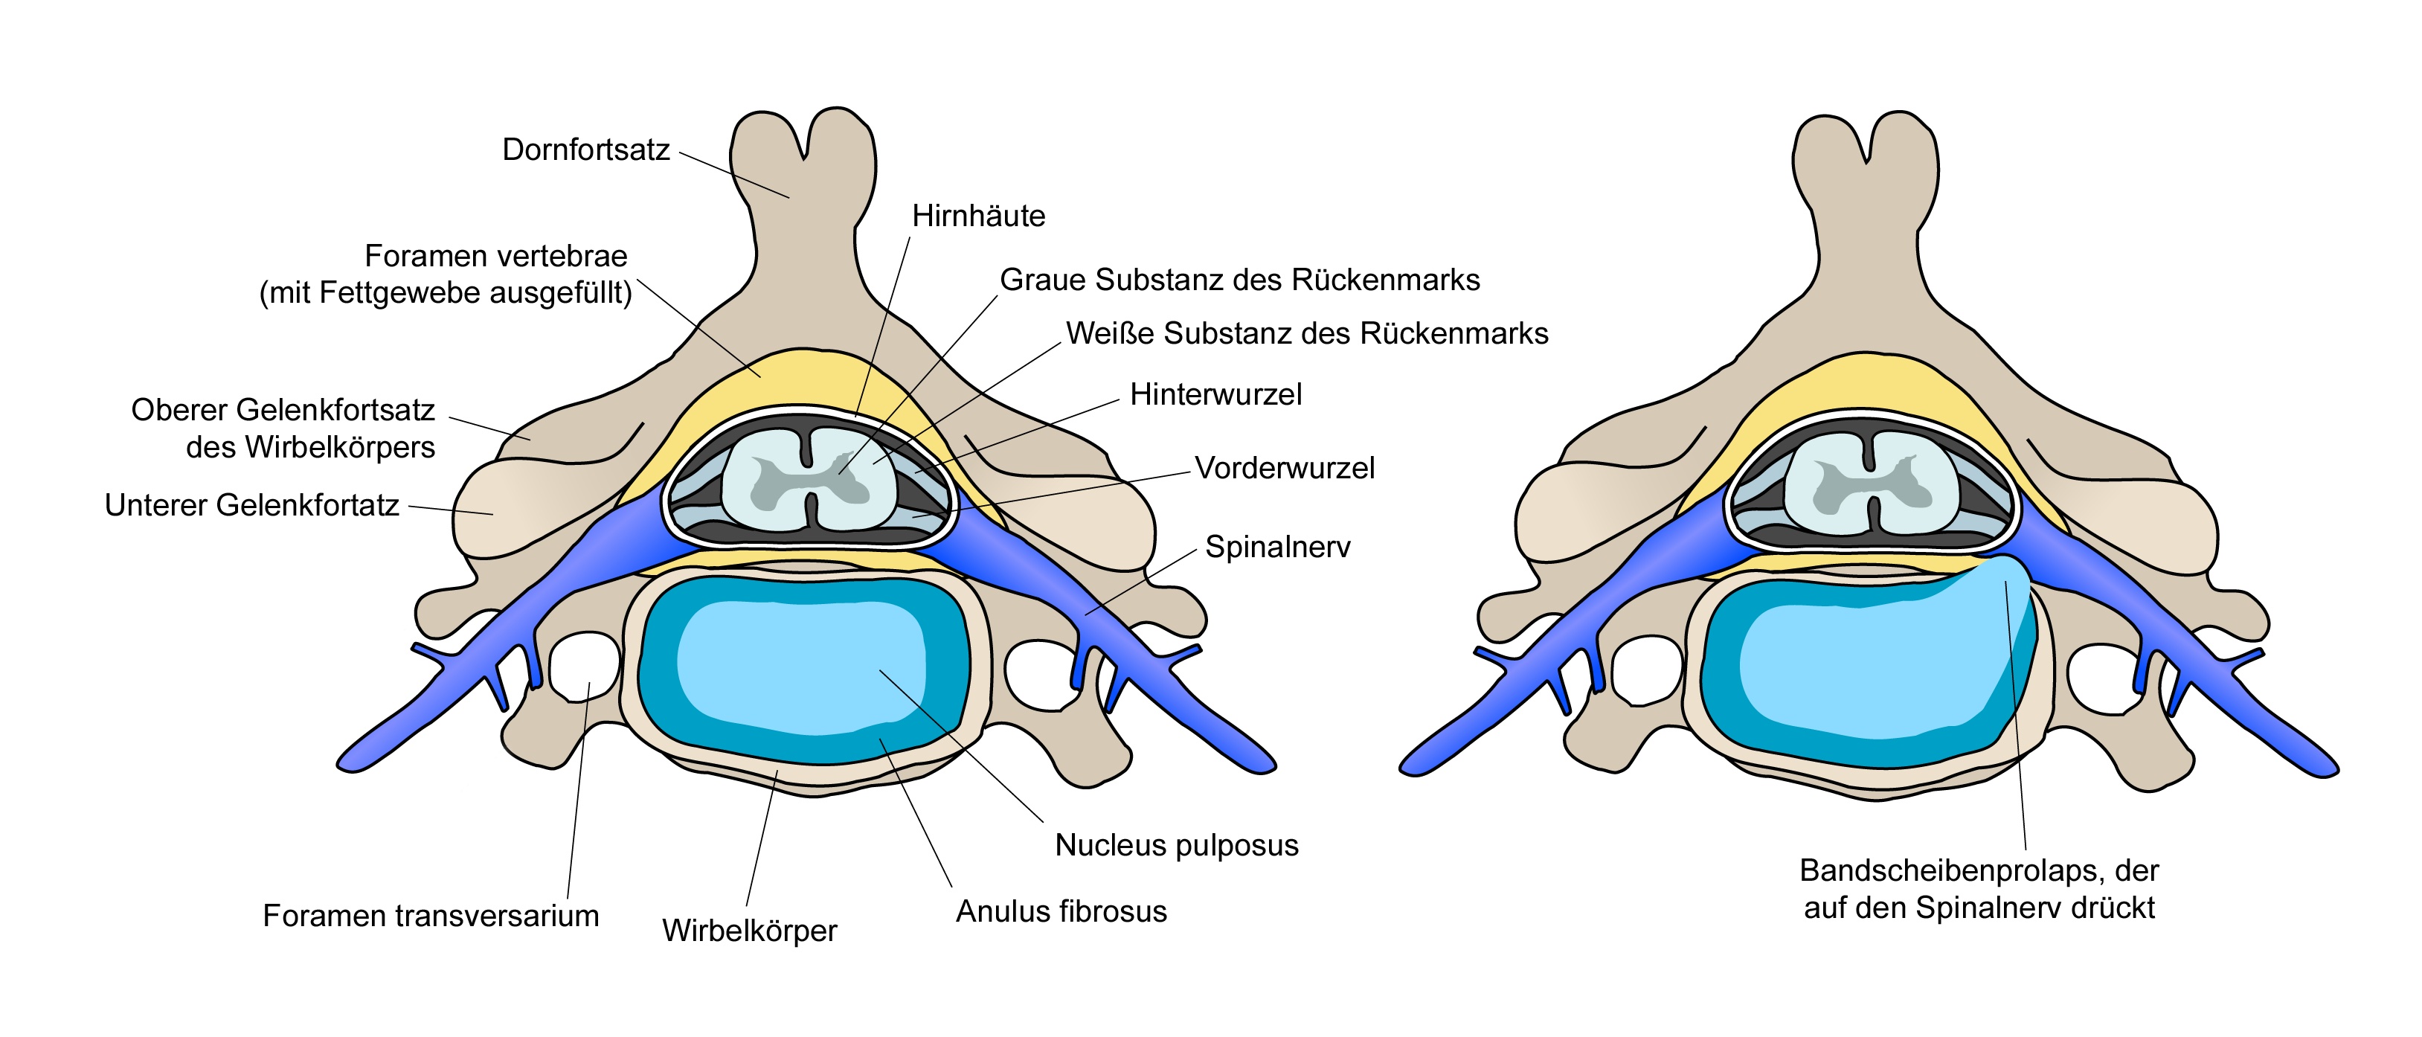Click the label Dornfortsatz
[585, 150]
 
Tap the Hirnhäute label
[979, 216]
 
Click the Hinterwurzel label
[1215, 394]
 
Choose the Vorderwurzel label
[1285, 467]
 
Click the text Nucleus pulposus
[1176, 845]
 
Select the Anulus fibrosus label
[1061, 911]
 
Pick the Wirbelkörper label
[749, 931]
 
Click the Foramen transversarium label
[431, 916]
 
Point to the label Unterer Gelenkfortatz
[252, 505]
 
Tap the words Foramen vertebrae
[495, 256]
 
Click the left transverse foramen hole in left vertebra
[583, 666]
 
